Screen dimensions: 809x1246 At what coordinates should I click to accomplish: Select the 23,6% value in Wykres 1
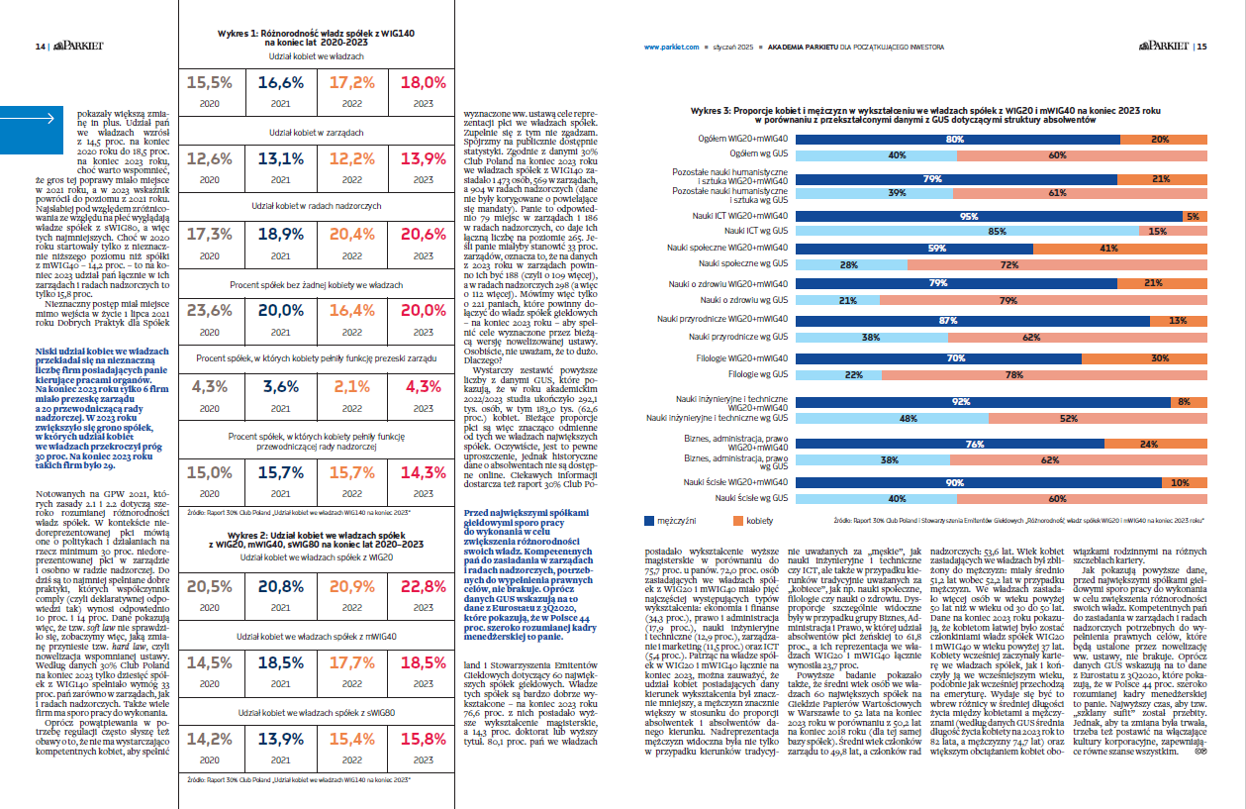209,310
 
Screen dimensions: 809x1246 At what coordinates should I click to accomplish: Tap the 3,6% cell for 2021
280,386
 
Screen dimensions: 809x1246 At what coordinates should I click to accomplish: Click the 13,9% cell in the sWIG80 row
280,738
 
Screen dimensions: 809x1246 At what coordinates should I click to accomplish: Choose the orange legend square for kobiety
738,519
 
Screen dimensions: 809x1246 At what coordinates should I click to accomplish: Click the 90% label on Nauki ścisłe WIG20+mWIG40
955,482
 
